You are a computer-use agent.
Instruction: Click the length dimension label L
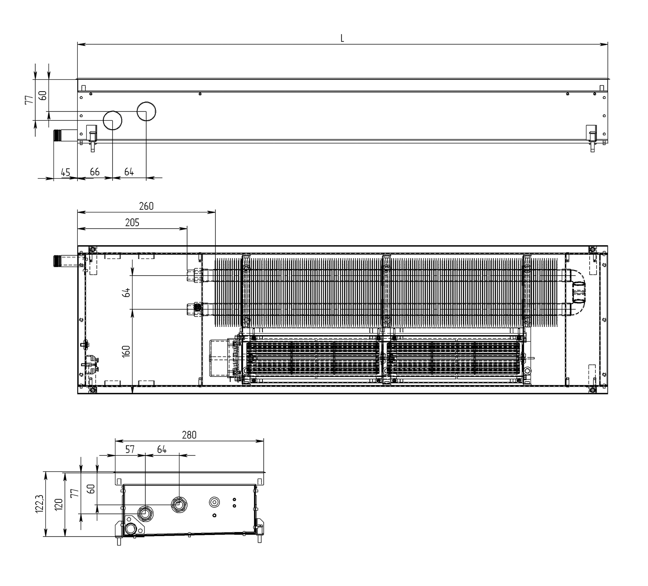coord(342,38)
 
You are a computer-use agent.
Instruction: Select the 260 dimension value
coord(146,206)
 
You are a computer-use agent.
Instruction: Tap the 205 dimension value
coord(132,222)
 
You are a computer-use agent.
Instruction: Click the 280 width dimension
coord(189,435)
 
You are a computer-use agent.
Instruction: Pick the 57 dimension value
coord(130,449)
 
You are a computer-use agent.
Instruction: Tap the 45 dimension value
coord(66,172)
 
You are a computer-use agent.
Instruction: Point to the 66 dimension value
coord(94,172)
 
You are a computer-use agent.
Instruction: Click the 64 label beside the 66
coord(129,172)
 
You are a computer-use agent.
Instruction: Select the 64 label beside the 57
coord(162,449)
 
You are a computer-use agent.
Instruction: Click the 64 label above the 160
coord(126,293)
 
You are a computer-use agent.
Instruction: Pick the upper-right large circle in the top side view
coord(146,111)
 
